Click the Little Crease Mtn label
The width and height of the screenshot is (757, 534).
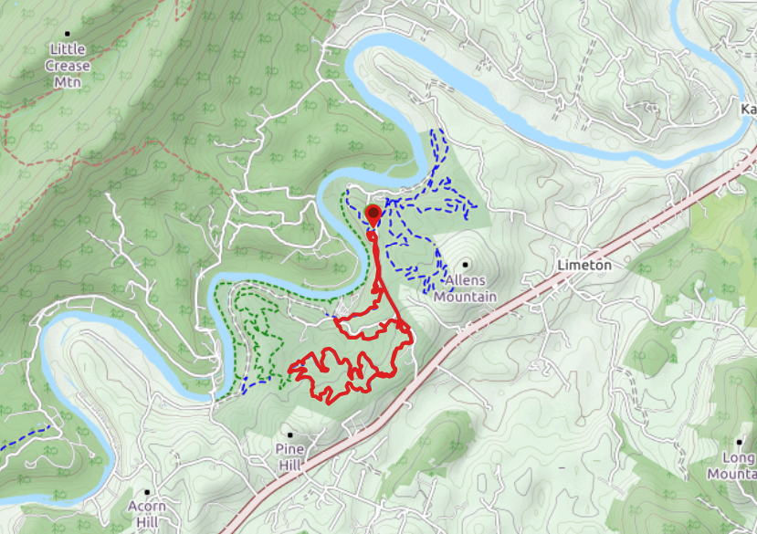(68, 65)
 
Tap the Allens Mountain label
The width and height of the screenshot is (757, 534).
(465, 288)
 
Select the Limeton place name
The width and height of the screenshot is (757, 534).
(584, 265)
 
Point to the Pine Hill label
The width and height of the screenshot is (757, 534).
(290, 457)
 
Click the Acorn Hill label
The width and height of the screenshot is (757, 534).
(146, 515)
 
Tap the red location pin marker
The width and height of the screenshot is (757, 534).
(373, 215)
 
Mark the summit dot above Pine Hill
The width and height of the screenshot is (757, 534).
(290, 435)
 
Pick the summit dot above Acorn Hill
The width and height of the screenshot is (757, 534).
(146, 492)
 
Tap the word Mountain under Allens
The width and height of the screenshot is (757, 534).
(465, 297)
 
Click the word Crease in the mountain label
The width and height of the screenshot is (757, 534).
(68, 65)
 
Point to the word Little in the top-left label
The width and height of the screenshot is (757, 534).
(68, 49)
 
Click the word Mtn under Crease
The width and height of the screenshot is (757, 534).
(68, 81)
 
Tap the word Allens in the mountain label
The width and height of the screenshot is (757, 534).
(465, 281)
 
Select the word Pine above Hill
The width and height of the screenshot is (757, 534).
(290, 449)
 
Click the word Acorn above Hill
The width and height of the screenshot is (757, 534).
(146, 507)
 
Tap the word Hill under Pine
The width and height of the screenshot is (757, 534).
(290, 466)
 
